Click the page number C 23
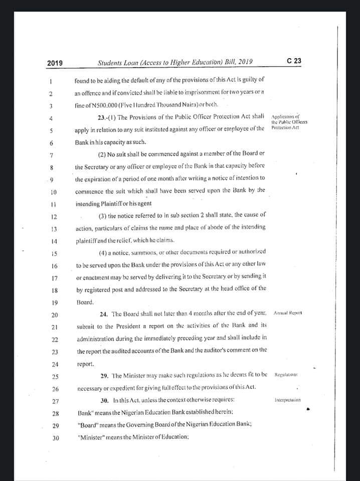coord(294,61)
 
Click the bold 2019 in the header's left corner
coord(55,63)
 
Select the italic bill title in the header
coord(175,62)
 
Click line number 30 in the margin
coord(56,438)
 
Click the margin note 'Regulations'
coord(287,375)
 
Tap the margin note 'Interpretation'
coord(288,400)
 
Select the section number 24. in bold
coord(104,314)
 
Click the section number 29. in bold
coord(104,375)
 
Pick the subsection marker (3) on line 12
coord(102,215)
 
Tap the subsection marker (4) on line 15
coord(103,252)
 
